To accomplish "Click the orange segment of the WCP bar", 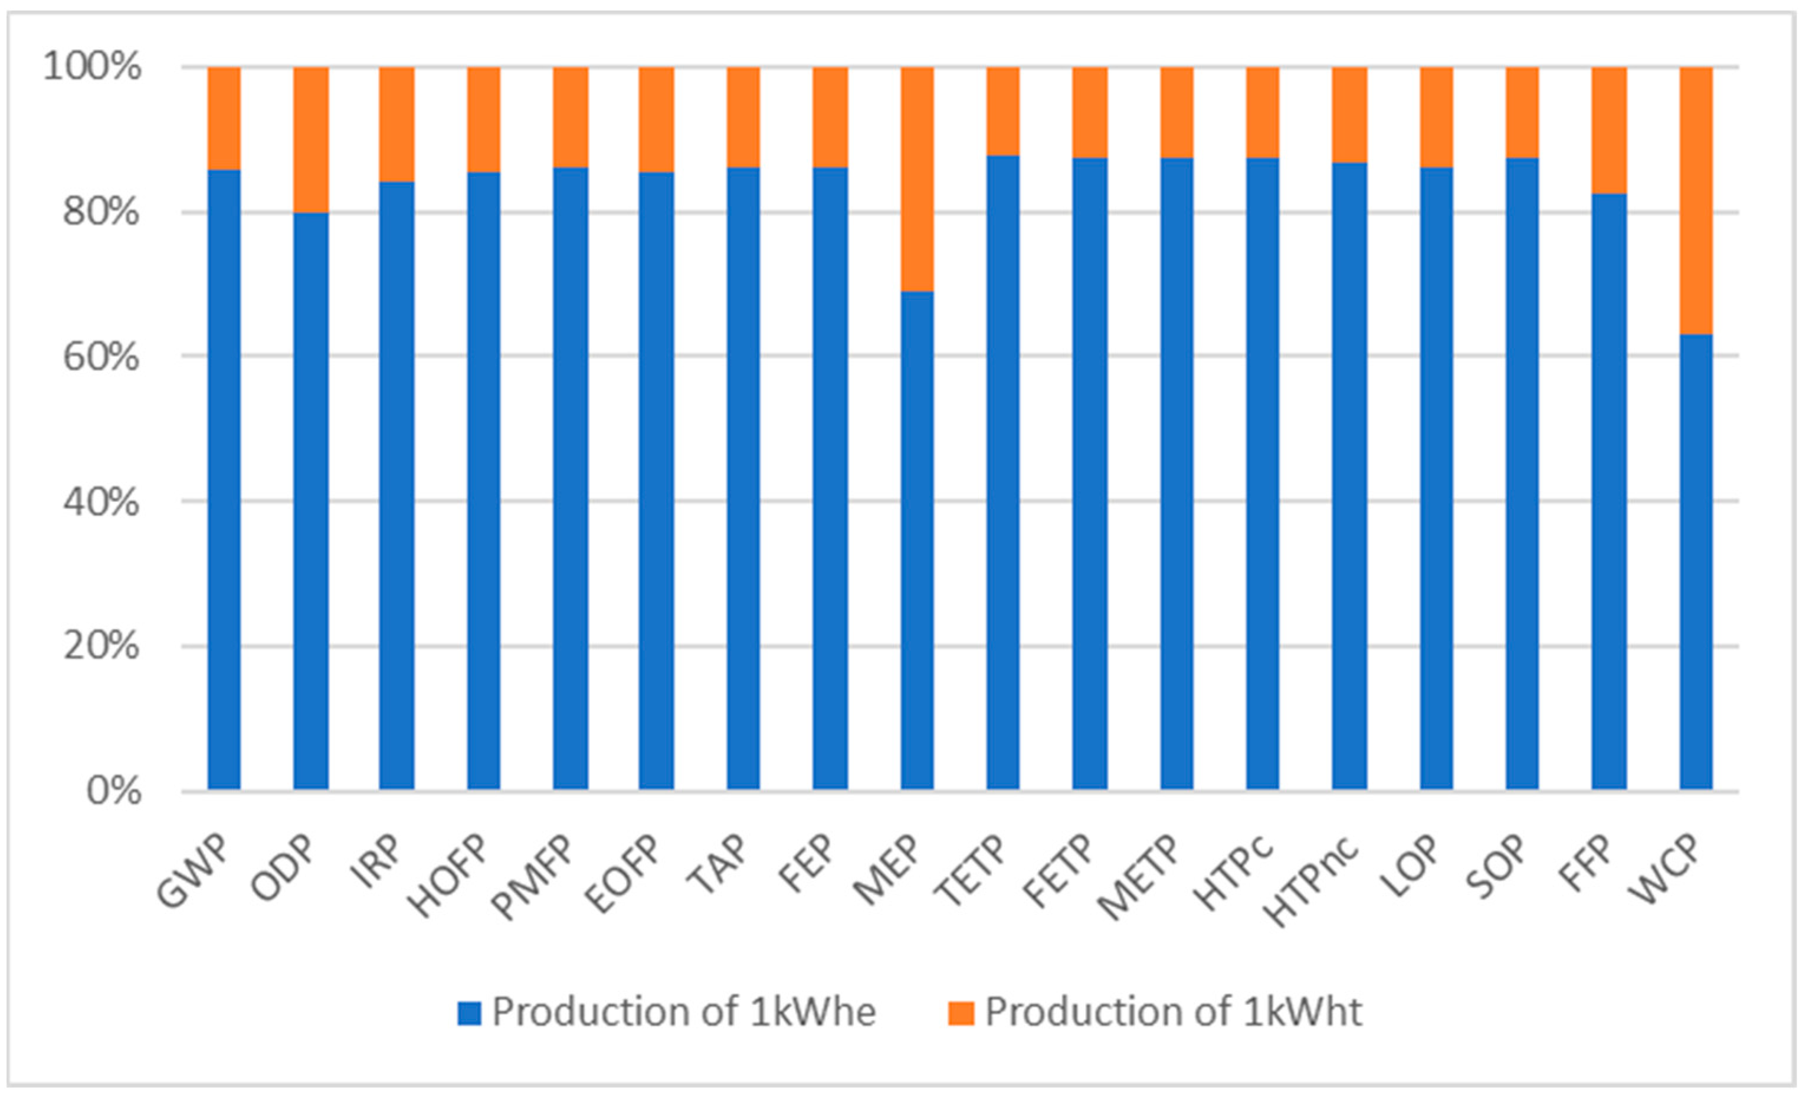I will click(1696, 200).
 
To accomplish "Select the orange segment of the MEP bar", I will click(917, 178).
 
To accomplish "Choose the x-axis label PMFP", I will click(533, 876).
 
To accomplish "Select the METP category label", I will click(1138, 876).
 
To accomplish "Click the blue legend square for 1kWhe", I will click(469, 1014).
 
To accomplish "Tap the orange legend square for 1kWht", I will click(961, 1014).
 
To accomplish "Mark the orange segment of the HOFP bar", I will click(484, 119).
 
